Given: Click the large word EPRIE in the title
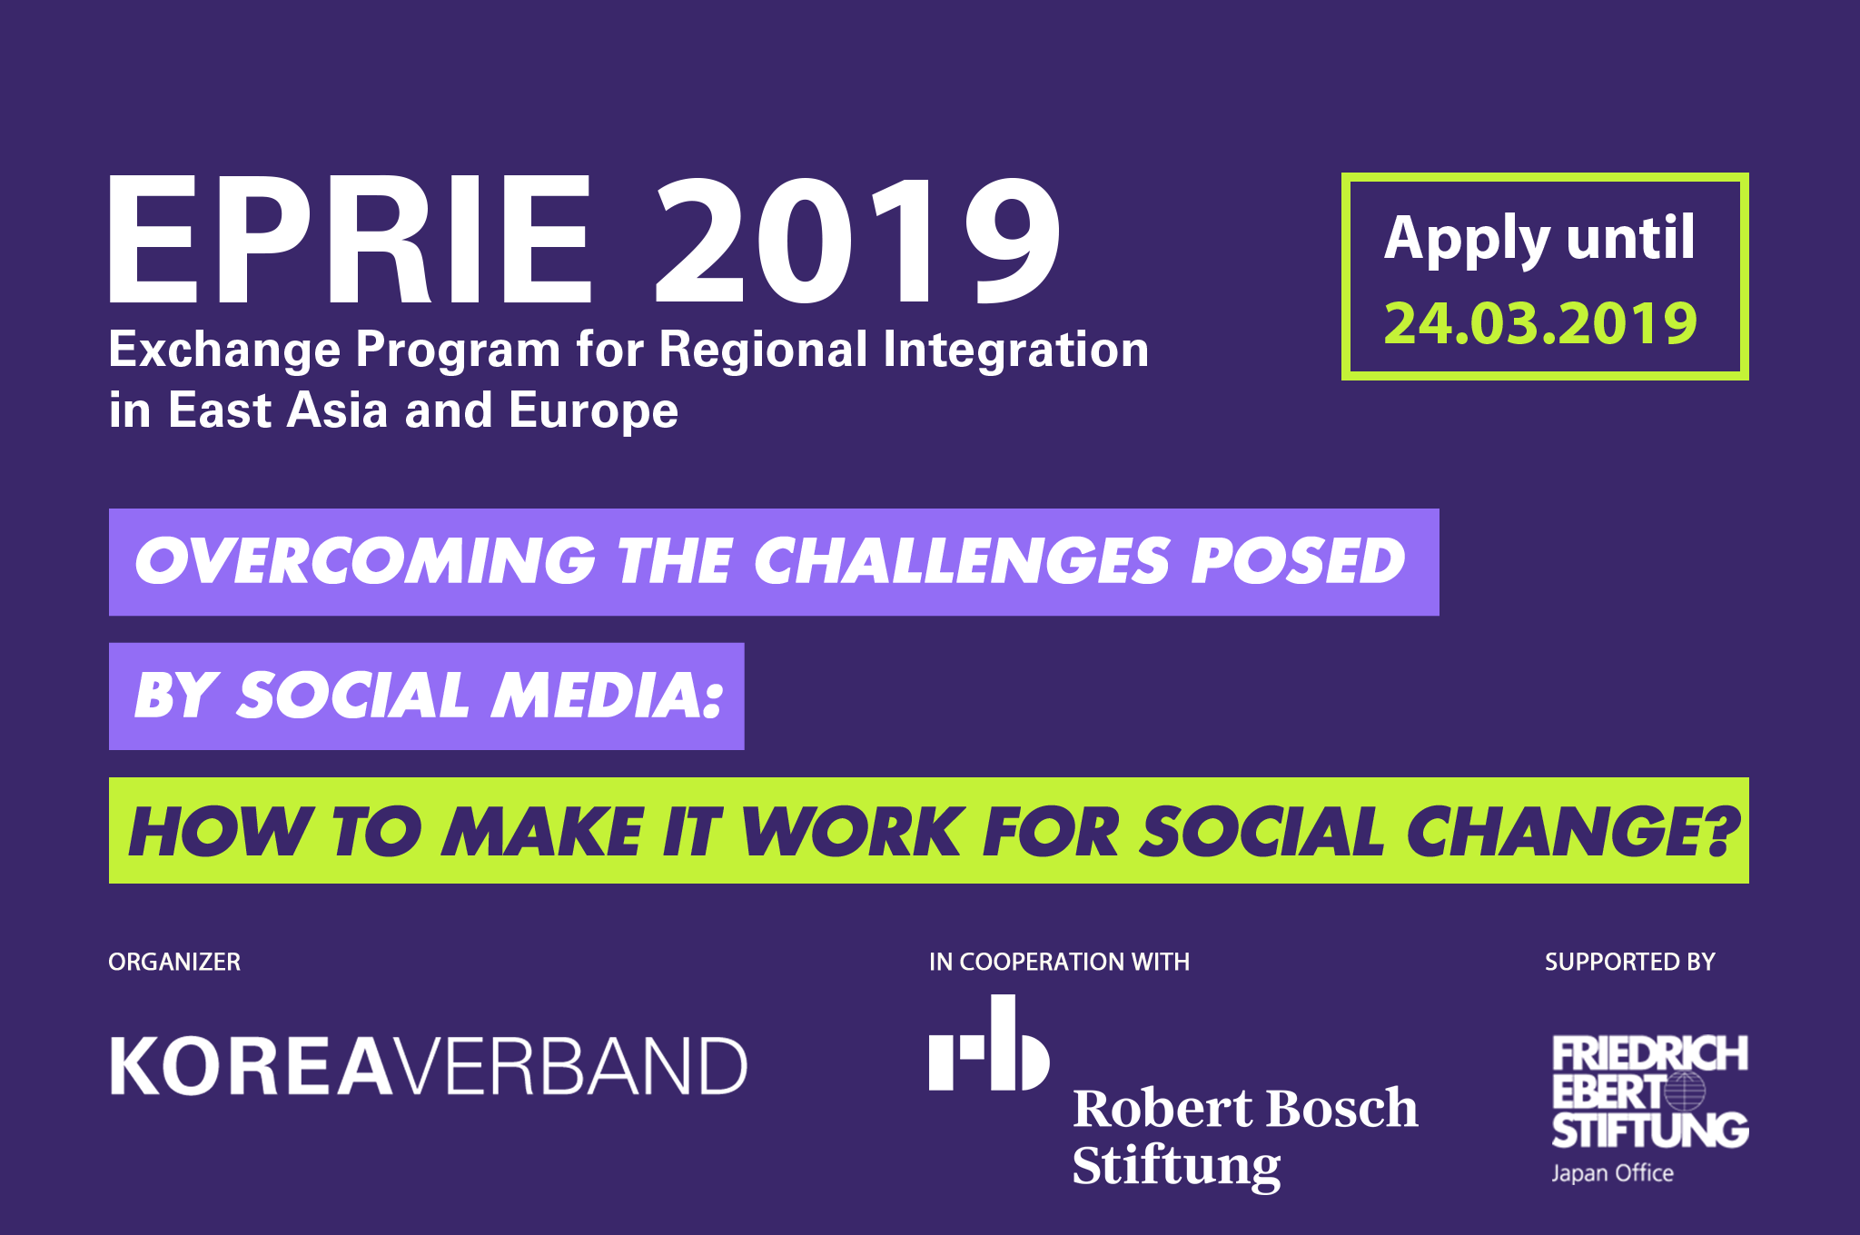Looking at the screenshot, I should click(x=350, y=241).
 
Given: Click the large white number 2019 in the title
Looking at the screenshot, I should click(x=856, y=241).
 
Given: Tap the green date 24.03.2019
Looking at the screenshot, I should click(x=1540, y=323).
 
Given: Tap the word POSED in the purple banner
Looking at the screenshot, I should click(x=1298, y=561).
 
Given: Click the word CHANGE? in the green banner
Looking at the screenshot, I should click(x=1571, y=832).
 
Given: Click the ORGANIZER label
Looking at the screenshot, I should click(x=174, y=962).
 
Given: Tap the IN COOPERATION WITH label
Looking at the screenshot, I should click(x=1059, y=962).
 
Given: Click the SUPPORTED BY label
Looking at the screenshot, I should click(x=1629, y=962).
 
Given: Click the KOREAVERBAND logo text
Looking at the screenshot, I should click(x=428, y=1066).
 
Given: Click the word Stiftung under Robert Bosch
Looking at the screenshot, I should click(x=1176, y=1165).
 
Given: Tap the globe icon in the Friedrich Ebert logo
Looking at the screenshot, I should click(x=1684, y=1092).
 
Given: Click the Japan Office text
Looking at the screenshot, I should click(x=1612, y=1173).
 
